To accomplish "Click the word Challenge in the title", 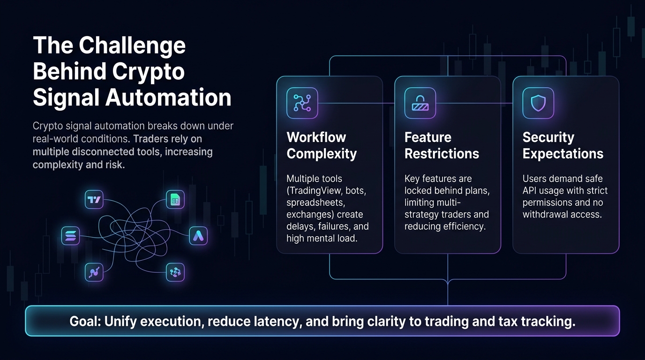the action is point(132,46).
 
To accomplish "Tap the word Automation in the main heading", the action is point(168,97).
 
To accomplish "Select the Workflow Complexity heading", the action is point(322,145).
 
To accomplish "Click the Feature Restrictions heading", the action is point(442,145).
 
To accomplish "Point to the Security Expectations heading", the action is point(562,145).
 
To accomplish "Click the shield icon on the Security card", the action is point(538,103).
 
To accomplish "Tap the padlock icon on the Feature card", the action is point(420,103).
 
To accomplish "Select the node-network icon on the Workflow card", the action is point(302,103).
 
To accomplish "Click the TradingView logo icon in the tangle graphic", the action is point(94,199).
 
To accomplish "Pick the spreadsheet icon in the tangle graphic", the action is point(175,199).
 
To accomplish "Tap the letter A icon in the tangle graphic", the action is point(198,236).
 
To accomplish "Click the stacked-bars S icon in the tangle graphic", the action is point(70,236).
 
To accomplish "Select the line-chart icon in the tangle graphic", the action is point(94,272).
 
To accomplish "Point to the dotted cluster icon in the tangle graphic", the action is point(175,272).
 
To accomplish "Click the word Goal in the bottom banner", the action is point(85,322).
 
